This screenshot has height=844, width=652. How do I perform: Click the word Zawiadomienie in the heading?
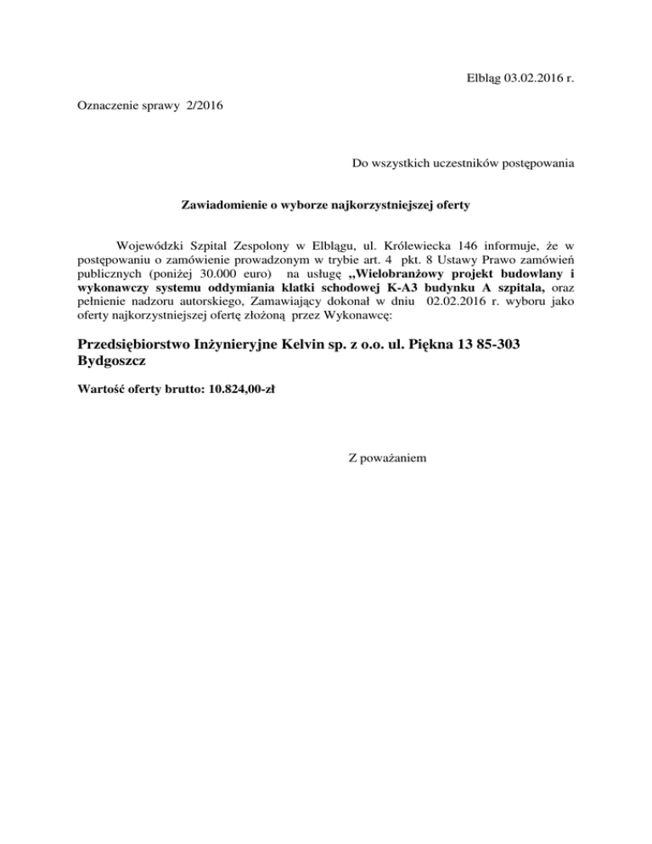coord(223,205)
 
